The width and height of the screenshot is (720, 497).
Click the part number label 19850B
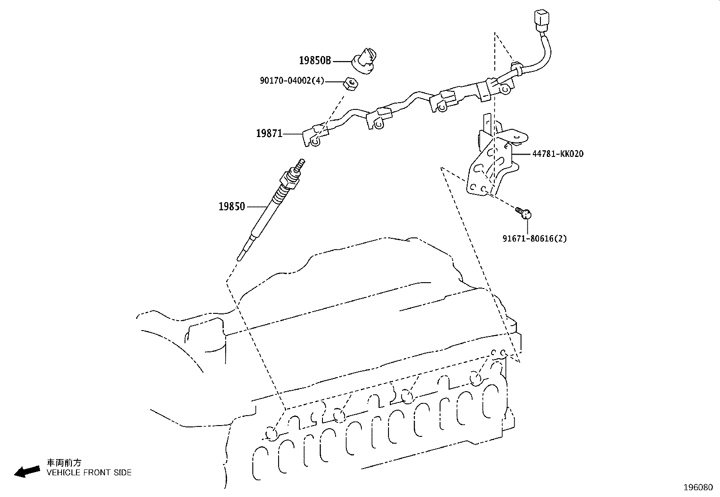point(315,61)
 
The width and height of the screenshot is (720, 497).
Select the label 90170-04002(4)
point(292,80)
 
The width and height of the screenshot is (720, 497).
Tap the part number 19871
point(269,133)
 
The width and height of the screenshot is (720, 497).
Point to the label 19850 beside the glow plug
point(232,206)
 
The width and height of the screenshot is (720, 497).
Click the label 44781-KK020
point(558,154)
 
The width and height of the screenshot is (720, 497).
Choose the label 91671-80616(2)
point(535,238)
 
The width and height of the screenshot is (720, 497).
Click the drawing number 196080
point(698,488)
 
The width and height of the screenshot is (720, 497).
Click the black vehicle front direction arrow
point(27,472)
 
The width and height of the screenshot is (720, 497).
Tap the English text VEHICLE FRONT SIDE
point(89,473)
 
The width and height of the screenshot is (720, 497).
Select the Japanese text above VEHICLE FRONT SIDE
point(64,463)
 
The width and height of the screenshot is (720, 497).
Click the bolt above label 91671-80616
point(524,213)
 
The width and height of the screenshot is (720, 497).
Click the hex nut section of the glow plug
point(289,180)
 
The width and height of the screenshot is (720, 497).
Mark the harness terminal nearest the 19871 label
point(315,136)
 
